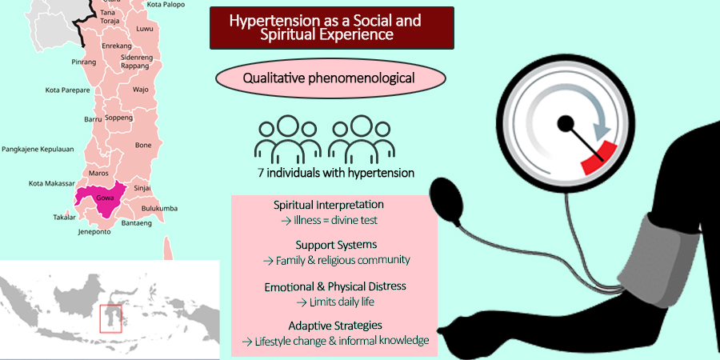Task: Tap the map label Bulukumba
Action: [159, 209]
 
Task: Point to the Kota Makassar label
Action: [51, 184]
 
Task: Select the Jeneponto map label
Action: [94, 232]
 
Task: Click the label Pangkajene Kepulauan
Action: [38, 150]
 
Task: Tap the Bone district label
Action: [143, 145]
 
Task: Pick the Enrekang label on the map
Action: [117, 46]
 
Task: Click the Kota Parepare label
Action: [67, 90]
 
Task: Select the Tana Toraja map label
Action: [110, 17]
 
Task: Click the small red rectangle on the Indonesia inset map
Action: [110, 318]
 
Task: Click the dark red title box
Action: [332, 28]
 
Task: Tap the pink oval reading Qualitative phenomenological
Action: [330, 78]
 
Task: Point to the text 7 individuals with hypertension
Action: [336, 173]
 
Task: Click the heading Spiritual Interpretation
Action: [329, 205]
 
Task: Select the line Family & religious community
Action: [342, 260]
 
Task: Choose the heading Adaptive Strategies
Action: [335, 326]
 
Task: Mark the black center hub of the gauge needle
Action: [566, 123]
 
